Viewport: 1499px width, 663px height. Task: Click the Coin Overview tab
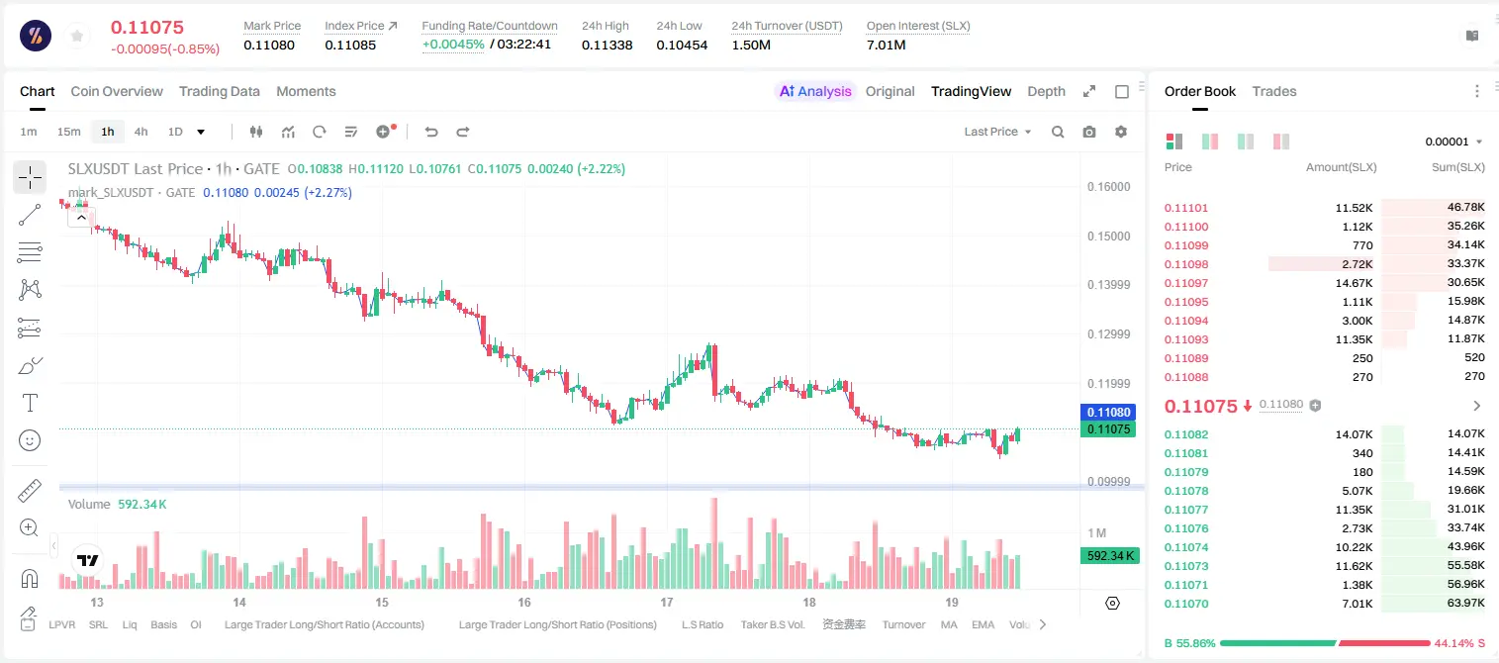[x=117, y=91]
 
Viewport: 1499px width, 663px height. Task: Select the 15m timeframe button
[x=68, y=132]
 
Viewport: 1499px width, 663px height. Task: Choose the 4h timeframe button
[x=141, y=132]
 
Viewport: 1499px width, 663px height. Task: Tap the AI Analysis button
[x=815, y=91]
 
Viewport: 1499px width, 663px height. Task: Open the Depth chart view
[x=1046, y=91]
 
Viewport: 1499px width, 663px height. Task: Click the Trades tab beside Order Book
[x=1274, y=91]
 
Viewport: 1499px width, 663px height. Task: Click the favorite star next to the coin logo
[x=77, y=36]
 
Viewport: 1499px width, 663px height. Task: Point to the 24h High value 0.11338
[x=607, y=45]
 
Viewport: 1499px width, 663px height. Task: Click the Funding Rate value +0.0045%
[x=453, y=45]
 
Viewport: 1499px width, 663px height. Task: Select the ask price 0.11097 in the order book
[x=1185, y=283]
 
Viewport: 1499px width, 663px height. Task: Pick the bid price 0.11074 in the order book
[x=1185, y=547]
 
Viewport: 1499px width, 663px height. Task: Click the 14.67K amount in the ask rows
[x=1354, y=283]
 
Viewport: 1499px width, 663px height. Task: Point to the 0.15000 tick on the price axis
[x=1108, y=237]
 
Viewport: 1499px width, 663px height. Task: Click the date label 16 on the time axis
[x=524, y=602]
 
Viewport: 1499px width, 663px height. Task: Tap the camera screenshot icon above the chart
[x=1089, y=132]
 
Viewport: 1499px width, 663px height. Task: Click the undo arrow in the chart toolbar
[x=431, y=132]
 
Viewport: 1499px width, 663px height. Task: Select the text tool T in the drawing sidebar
[x=30, y=403]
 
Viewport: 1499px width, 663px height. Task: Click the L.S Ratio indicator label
[x=702, y=624]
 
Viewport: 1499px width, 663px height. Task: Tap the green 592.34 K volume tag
[x=1109, y=555]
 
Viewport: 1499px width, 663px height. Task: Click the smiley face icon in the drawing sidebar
[x=30, y=440]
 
